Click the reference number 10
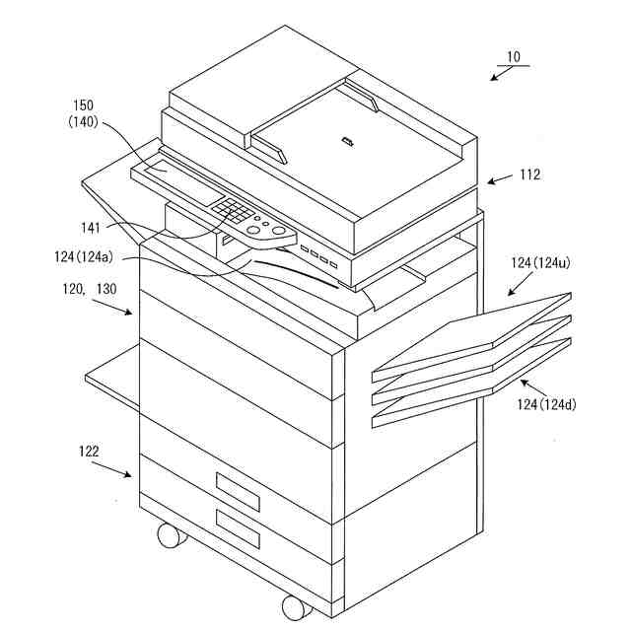[513, 57]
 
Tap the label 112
[530, 175]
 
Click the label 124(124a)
[83, 258]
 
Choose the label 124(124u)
[544, 263]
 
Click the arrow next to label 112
[499, 180]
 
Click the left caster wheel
[169, 535]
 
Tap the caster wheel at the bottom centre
[293, 605]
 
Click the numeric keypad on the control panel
[233, 211]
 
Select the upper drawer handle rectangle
[237, 490]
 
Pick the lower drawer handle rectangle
[237, 529]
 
